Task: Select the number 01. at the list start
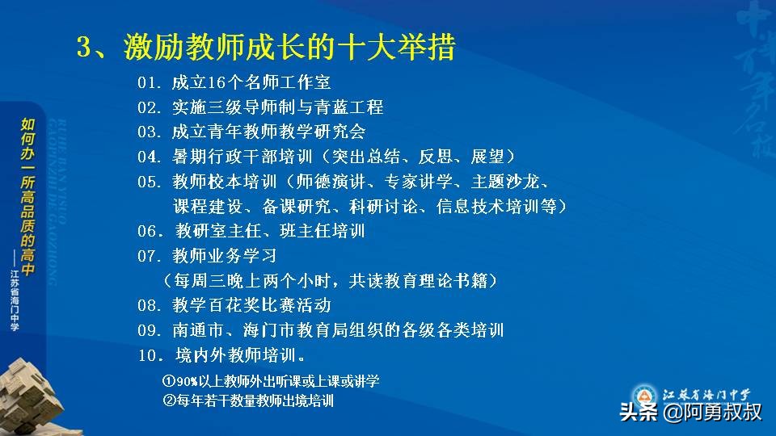(x=150, y=83)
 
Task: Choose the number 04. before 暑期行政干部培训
(x=150, y=156)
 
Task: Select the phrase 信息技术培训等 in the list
(x=497, y=206)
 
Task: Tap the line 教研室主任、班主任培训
(x=270, y=231)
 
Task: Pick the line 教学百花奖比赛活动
(x=251, y=305)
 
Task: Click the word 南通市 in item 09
(x=198, y=330)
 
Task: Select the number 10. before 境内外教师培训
(x=150, y=355)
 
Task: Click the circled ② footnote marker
(x=168, y=400)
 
